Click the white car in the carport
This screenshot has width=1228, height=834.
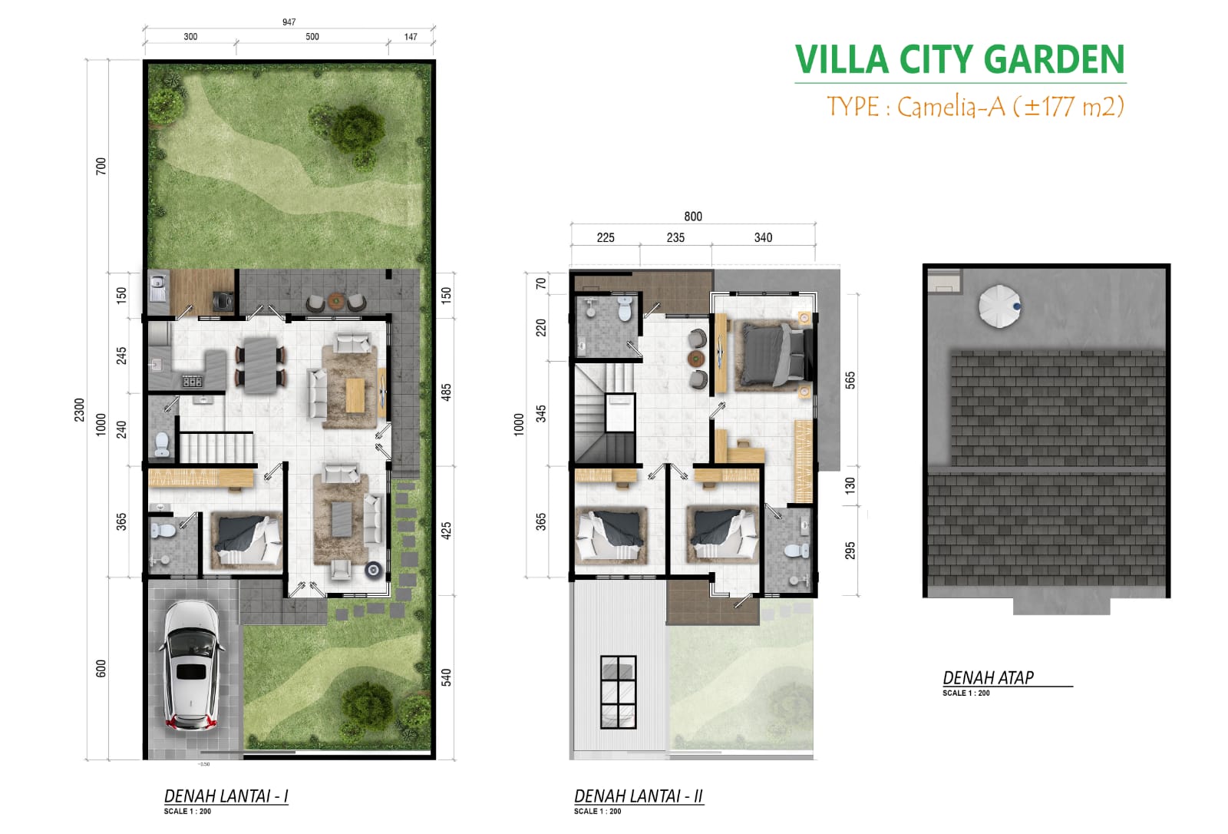192,665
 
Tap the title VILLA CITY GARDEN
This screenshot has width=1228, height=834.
959,60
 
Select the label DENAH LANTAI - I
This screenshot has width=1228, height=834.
226,796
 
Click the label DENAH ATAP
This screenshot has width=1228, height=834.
988,677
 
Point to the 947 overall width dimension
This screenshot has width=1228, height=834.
289,22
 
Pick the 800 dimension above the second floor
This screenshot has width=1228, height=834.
692,217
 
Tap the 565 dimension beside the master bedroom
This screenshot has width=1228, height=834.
850,380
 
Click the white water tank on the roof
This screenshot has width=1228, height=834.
999,306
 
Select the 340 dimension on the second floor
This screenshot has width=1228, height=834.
762,238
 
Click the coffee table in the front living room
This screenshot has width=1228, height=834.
342,520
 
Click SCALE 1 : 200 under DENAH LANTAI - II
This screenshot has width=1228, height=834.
597,811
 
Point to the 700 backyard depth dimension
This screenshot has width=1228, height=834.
101,166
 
